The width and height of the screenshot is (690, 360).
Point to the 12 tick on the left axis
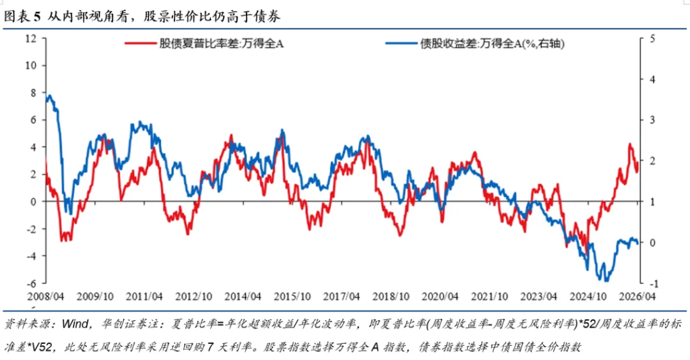tap(30, 38)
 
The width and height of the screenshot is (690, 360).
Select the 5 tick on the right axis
tap(651, 38)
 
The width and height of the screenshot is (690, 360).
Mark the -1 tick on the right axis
tap(650, 283)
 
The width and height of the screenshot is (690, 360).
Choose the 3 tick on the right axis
tap(651, 120)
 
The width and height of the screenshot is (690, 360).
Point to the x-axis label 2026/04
tap(637, 296)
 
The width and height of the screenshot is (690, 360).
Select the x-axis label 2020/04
tap(441, 296)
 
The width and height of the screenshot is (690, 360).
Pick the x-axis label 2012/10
tap(193, 296)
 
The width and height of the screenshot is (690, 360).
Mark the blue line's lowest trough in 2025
tap(606, 280)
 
